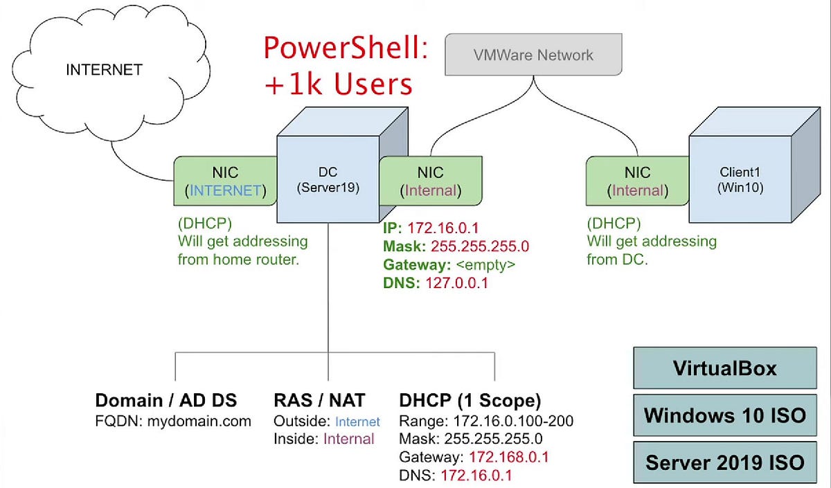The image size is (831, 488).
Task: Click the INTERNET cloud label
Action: [104, 69]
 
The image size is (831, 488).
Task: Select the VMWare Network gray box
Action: [534, 55]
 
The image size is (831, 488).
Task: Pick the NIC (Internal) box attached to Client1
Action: [637, 181]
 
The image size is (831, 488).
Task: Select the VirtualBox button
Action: [724, 368]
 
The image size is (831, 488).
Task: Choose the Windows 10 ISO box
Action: [724, 415]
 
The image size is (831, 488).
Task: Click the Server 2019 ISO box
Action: [724, 462]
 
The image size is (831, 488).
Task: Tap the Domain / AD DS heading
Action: [166, 399]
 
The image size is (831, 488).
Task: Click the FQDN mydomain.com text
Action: [173, 421]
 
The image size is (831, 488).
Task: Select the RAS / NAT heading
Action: [319, 399]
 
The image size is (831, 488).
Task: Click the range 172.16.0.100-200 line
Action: [486, 421]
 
